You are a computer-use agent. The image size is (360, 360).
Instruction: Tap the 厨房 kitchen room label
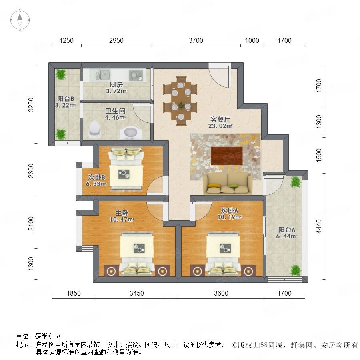116,84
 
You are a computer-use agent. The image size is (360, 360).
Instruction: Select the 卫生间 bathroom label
115,111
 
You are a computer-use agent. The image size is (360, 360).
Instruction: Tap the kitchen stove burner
136,76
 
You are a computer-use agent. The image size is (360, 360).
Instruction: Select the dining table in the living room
181,101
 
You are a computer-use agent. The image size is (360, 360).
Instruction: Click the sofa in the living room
228,184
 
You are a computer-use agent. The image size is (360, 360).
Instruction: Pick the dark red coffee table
227,156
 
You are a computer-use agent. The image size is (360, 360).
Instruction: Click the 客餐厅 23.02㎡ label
220,122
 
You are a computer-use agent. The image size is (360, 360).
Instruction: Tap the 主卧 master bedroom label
122,213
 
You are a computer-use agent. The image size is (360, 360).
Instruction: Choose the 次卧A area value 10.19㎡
230,217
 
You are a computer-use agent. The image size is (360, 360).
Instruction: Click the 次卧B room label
97,177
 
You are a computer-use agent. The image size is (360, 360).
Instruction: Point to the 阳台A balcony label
287,230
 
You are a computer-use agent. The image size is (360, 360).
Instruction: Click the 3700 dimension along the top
196,41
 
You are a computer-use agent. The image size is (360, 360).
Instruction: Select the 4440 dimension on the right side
319,226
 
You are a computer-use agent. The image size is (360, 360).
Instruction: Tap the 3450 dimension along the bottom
137,293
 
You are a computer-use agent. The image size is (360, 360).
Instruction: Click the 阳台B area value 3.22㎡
66,105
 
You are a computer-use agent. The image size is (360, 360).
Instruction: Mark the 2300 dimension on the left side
31,170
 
